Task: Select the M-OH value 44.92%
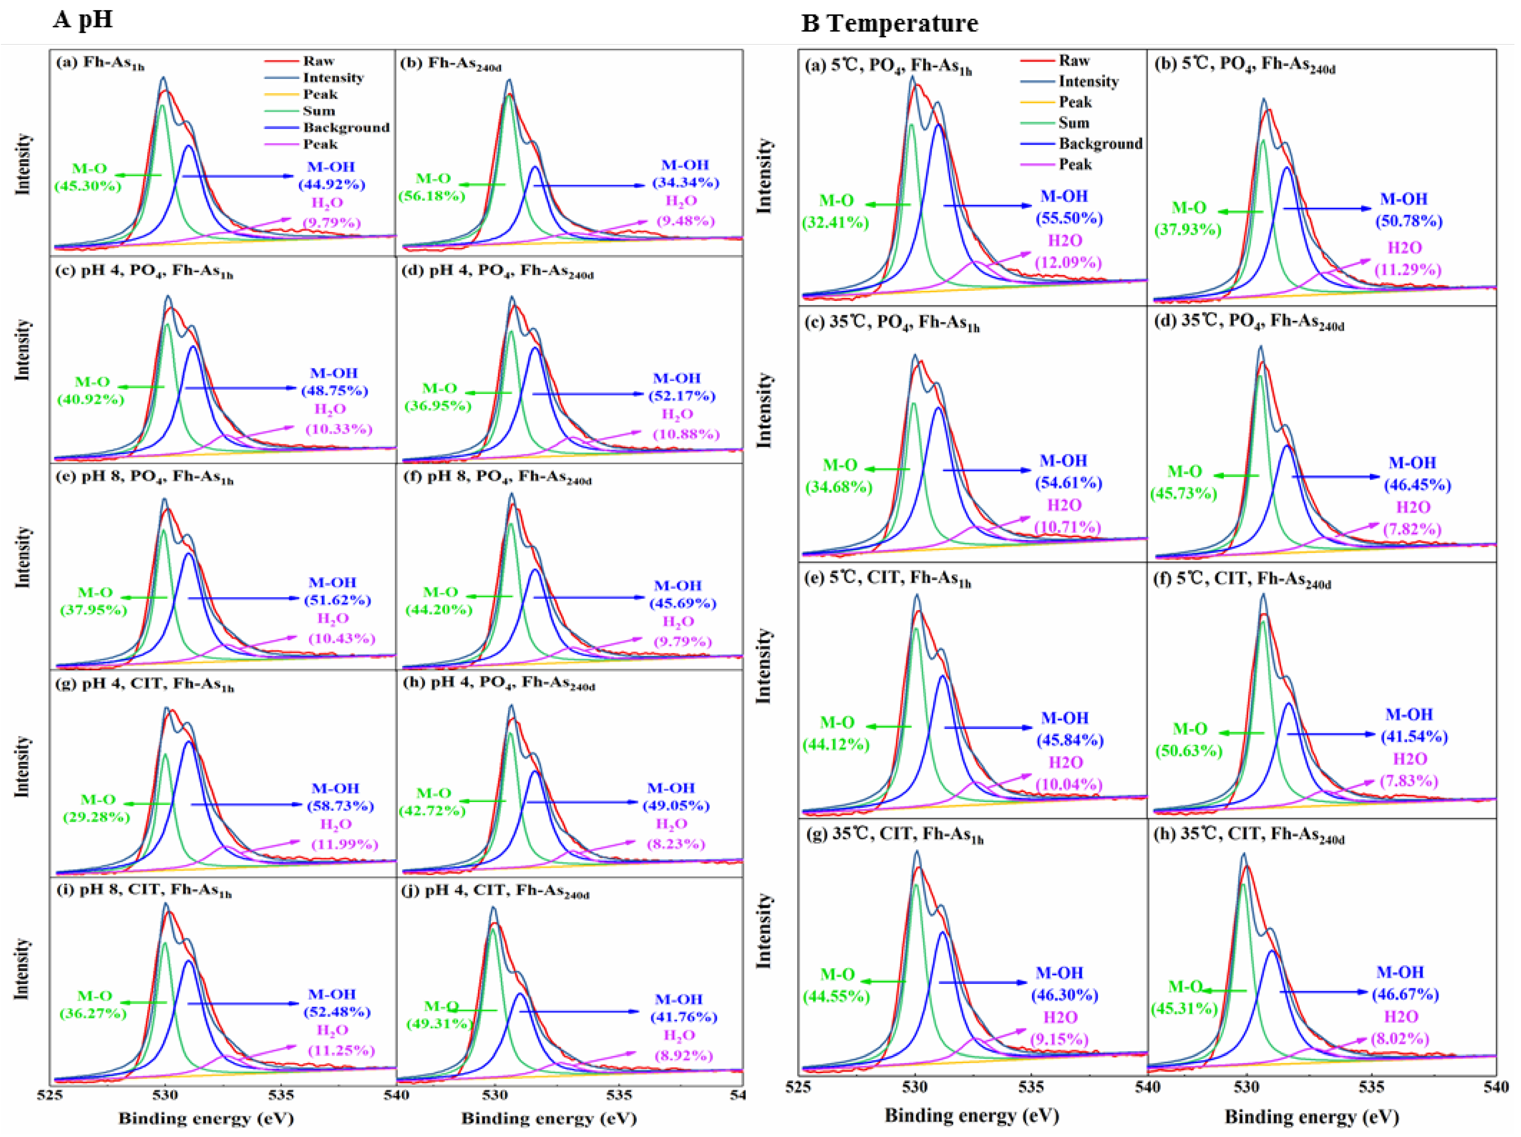331,185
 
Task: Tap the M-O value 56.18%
432,196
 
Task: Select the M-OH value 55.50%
1069,218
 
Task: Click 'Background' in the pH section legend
346,128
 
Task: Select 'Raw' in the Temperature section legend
1073,60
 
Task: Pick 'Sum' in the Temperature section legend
1073,123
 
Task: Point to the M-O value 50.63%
1188,750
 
